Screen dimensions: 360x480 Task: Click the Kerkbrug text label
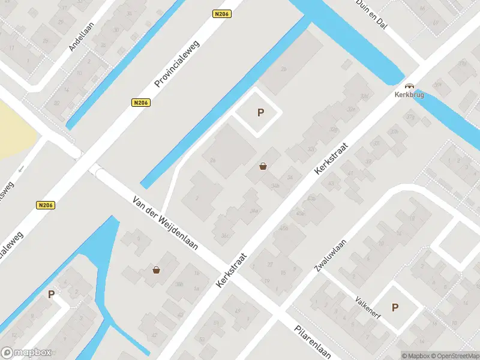[409, 95]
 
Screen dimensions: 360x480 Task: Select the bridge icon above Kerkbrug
[409, 86]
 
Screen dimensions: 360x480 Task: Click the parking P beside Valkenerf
[395, 307]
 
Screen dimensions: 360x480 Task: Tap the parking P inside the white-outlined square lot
[260, 112]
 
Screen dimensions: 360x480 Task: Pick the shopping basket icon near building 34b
[263, 166]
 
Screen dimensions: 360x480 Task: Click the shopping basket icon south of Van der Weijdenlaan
[157, 270]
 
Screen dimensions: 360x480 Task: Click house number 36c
[225, 235]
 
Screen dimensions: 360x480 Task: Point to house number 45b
[284, 227]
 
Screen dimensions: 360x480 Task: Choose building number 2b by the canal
[284, 69]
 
